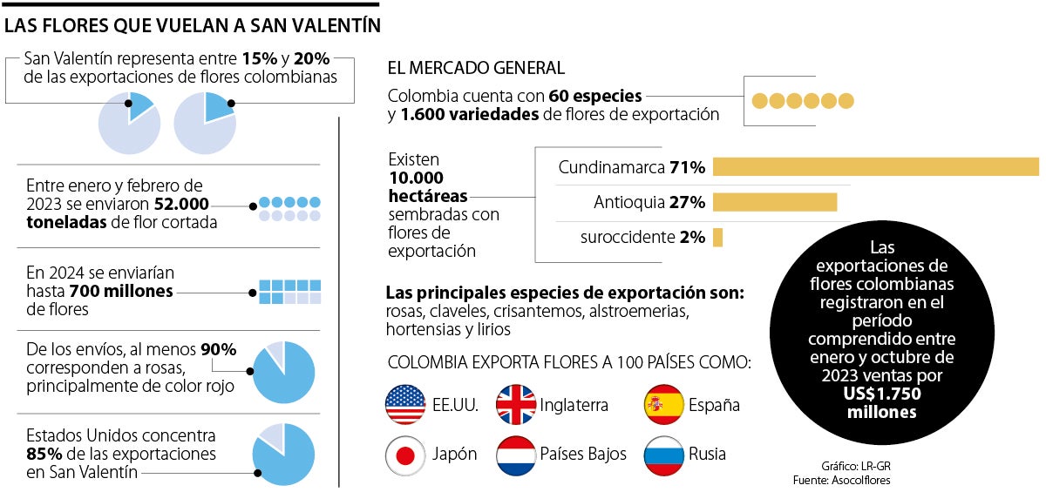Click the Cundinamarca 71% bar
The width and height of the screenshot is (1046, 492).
tap(875, 167)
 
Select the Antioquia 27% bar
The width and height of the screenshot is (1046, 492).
tap(775, 202)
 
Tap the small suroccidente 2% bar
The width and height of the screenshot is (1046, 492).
tap(717, 237)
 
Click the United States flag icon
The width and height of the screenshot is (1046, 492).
tap(404, 404)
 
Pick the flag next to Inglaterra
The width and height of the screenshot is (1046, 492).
tap(515, 404)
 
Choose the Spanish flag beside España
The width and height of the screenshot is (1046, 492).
tap(662, 404)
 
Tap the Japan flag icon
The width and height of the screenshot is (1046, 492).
tap(404, 455)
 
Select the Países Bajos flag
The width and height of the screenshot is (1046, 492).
tap(515, 455)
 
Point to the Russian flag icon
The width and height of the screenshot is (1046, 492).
tap(662, 455)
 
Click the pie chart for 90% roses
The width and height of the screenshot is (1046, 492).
tap(283, 372)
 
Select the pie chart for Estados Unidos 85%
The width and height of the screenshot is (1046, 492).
tap(283, 455)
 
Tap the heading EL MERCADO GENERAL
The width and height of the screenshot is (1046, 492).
tap(476, 67)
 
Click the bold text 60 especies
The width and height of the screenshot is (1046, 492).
tap(595, 96)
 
